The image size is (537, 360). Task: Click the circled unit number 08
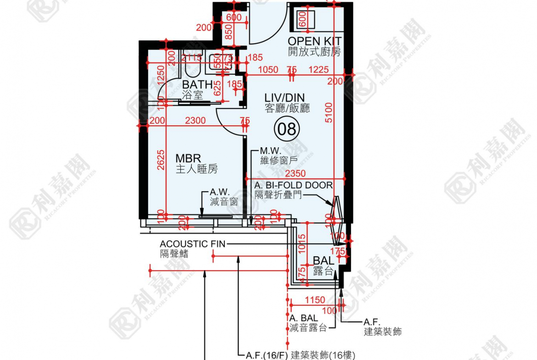click(x=287, y=129)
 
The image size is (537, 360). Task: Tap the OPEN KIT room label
click(x=314, y=42)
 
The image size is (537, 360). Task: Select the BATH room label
click(x=197, y=85)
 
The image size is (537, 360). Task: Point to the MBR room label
click(x=188, y=159)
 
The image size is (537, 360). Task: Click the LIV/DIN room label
click(x=287, y=98)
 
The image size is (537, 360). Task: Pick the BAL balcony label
click(x=324, y=261)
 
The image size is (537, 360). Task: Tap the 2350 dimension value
click(x=296, y=174)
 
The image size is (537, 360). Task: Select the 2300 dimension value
click(x=195, y=121)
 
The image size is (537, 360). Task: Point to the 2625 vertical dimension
click(x=159, y=161)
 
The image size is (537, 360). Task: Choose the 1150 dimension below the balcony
click(x=315, y=300)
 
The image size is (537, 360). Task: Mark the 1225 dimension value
click(x=319, y=70)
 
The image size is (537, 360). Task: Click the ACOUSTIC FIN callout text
click(x=192, y=244)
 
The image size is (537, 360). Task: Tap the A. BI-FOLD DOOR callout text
click(x=294, y=185)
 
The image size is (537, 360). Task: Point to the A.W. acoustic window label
click(x=219, y=192)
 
